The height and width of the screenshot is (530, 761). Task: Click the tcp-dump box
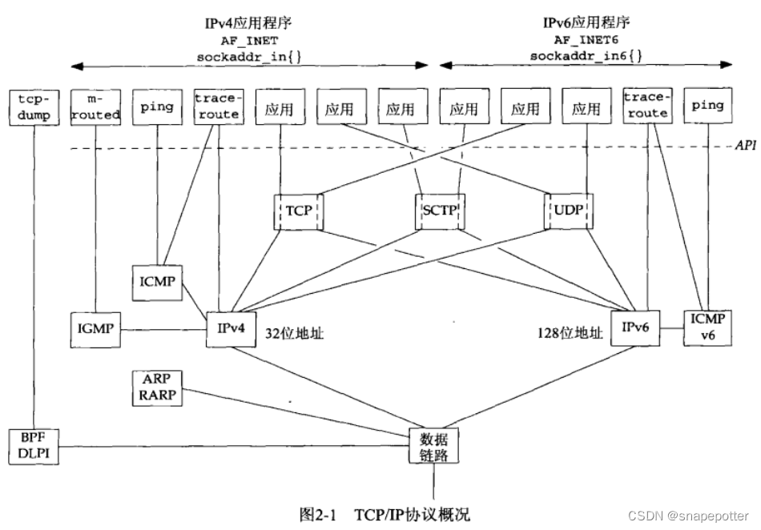[34, 106]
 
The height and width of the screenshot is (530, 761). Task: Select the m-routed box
[95, 106]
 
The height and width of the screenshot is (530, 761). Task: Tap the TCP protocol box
[297, 211]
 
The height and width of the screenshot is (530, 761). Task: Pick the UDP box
[569, 211]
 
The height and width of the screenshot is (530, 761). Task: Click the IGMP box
[95, 327]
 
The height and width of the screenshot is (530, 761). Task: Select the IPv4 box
[230, 327]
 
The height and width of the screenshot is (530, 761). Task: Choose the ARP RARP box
[157, 387]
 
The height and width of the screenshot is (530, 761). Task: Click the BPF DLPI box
[34, 446]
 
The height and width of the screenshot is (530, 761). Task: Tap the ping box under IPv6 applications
[707, 106]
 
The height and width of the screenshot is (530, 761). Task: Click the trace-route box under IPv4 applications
[217, 106]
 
